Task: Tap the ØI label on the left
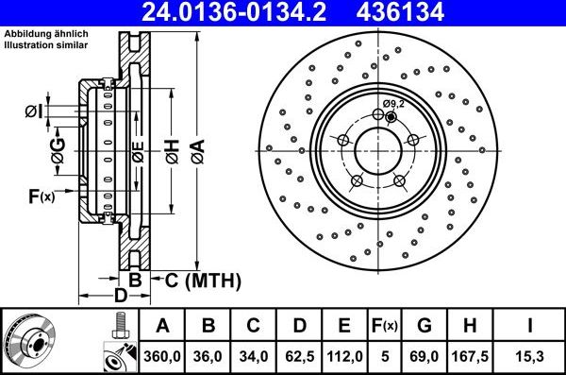click(34, 112)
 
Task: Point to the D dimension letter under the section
click(121, 297)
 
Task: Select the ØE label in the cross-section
click(138, 151)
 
